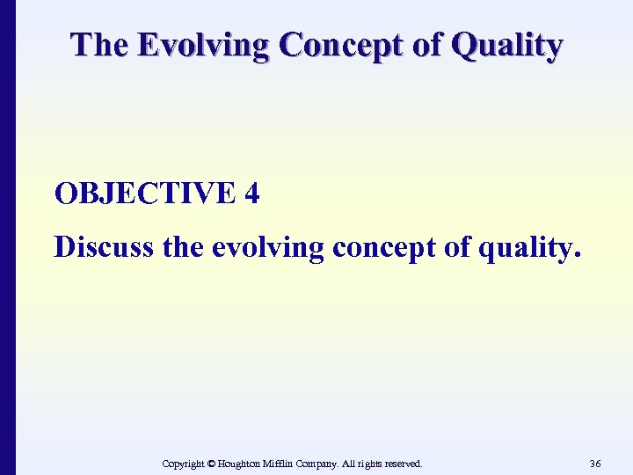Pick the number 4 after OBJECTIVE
tap(252, 194)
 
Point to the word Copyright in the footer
tap(186, 464)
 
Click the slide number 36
tap(595, 463)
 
